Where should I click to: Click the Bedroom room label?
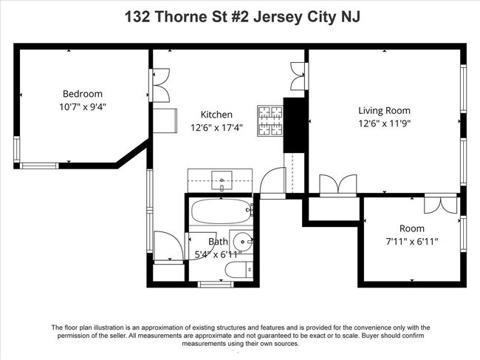82,94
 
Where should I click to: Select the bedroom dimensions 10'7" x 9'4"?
82,106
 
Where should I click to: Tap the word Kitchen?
216,115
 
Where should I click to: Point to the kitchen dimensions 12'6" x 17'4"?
216,127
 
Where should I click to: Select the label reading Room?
411,228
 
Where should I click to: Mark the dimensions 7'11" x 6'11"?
411,241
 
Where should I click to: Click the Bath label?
218,242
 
